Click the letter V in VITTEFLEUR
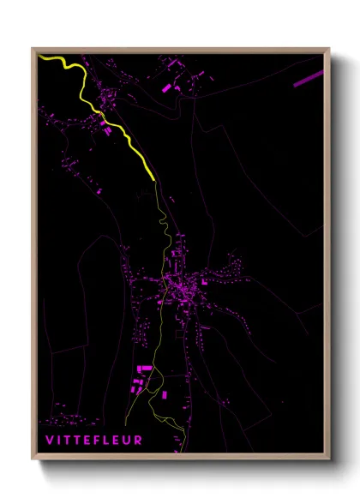[x=49, y=441]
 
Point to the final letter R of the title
[x=139, y=441]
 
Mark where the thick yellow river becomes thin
[x=154, y=180]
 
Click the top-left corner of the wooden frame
[x=33, y=48]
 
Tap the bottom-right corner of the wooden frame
[x=329, y=460]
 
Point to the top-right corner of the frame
[x=329, y=48]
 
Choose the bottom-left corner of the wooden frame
[x=33, y=460]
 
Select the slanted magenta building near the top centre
[x=167, y=87]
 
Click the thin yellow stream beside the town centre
[x=163, y=287]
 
